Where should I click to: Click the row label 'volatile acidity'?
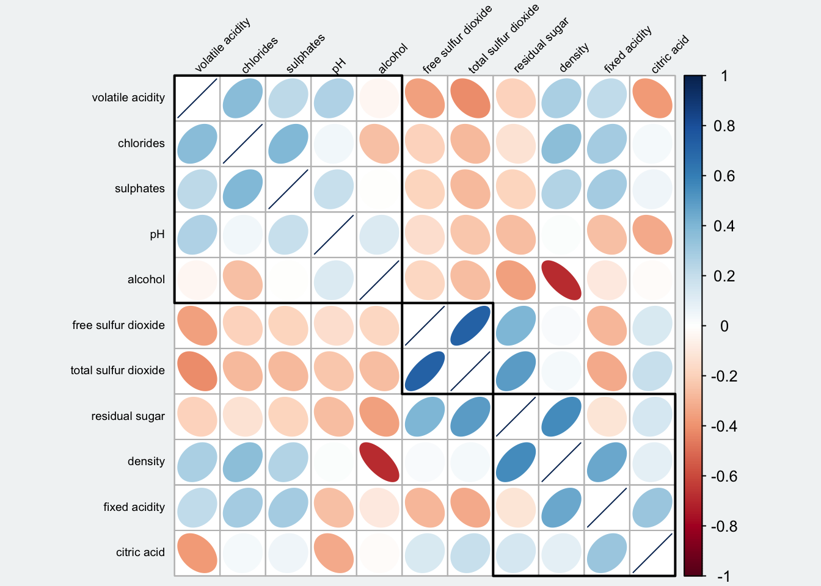(x=128, y=98)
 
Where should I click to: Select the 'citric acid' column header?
(x=670, y=54)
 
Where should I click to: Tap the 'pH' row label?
(x=157, y=234)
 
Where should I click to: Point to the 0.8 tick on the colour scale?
(x=724, y=126)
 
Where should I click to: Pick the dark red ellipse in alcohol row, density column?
(x=561, y=280)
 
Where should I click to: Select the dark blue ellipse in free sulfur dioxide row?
(x=470, y=326)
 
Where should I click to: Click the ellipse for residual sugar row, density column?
(x=561, y=417)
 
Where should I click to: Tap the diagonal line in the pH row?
(x=334, y=235)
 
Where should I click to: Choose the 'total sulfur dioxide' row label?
(x=117, y=371)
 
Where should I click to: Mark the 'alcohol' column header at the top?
(x=392, y=59)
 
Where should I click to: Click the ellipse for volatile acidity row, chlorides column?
(x=243, y=98)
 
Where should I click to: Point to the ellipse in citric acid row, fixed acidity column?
(x=607, y=553)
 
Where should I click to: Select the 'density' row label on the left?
(x=146, y=461)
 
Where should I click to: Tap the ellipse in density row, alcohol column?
(x=379, y=462)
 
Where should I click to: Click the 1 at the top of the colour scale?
(x=724, y=76)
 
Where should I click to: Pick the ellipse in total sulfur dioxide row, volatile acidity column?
(x=197, y=371)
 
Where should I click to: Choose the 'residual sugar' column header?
(x=541, y=45)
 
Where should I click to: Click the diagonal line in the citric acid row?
(x=652, y=553)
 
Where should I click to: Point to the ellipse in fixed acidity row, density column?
(x=561, y=508)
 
